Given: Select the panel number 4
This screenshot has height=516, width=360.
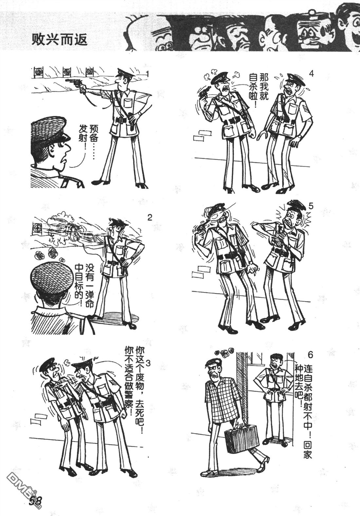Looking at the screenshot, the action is [x=311, y=74].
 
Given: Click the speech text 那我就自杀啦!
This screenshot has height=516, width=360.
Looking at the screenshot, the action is [x=258, y=90].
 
